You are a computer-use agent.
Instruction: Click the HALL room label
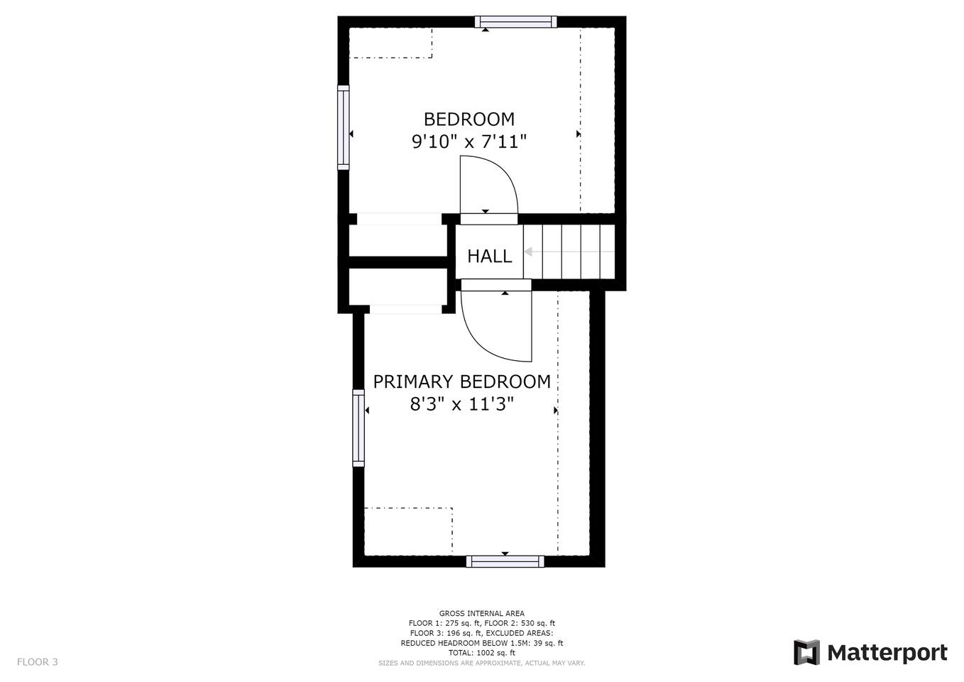tap(490, 256)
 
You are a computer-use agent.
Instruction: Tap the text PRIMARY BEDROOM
tap(462, 382)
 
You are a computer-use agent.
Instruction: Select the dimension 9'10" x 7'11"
tap(469, 141)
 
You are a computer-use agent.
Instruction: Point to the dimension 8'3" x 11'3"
tap(462, 404)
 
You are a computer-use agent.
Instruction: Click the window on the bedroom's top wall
tap(515, 22)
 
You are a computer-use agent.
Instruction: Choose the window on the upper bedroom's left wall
tap(344, 127)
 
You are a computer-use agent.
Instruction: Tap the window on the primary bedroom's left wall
tap(358, 428)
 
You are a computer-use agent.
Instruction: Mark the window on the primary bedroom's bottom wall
tap(505, 561)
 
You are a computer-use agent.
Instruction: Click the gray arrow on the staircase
tap(569, 252)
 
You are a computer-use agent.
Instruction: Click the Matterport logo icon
tap(806, 653)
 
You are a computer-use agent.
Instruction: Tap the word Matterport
tap(887, 653)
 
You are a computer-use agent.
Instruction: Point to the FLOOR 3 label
tap(38, 662)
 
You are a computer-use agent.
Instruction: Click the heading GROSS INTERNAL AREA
tap(481, 613)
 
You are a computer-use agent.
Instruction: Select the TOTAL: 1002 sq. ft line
tap(481, 653)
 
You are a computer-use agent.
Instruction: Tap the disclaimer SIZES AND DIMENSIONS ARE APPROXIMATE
tap(450, 663)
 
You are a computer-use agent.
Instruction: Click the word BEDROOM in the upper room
tap(469, 119)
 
